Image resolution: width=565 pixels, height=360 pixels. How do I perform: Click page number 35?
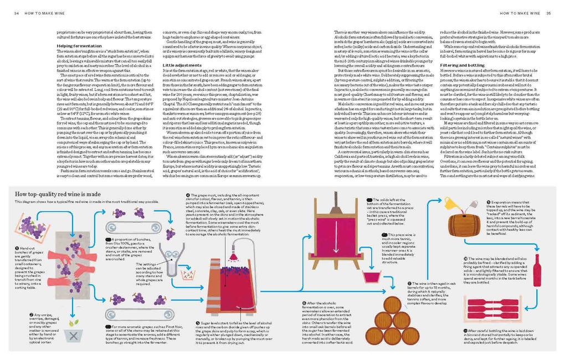(548, 13)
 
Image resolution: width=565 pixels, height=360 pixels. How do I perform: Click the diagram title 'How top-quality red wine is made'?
(58, 194)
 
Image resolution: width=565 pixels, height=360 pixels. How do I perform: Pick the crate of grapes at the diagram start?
(33, 228)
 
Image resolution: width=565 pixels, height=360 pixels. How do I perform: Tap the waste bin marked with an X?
(70, 335)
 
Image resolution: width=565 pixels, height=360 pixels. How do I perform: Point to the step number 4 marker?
(188, 196)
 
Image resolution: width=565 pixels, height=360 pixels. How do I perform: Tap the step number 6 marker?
(304, 303)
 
